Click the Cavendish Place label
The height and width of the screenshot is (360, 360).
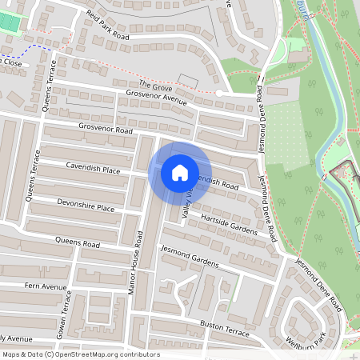coord(94,169)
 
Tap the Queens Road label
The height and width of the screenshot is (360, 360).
coord(78,241)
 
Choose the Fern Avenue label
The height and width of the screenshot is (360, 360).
coord(46,286)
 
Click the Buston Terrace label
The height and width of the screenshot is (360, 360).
coord(224,326)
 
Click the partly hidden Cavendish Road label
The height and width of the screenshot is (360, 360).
coord(220,183)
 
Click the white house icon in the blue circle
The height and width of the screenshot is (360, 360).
coord(179,172)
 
